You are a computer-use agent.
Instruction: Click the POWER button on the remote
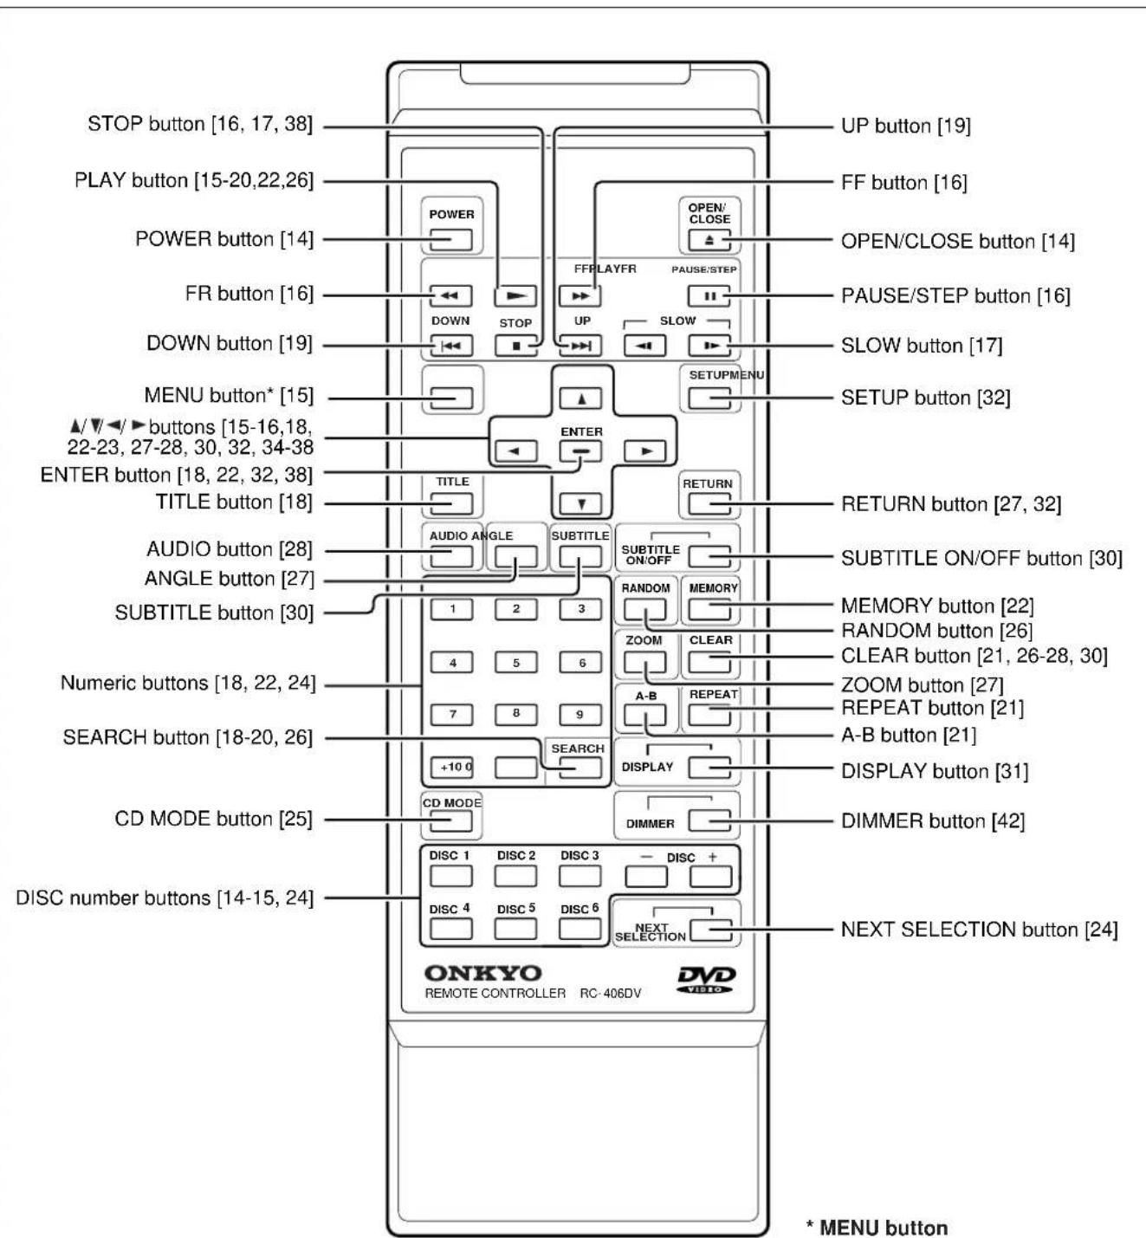(x=450, y=239)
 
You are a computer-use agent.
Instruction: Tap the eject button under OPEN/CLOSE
(x=709, y=240)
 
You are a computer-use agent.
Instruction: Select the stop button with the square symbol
(x=515, y=346)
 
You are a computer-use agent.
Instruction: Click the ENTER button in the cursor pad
(x=580, y=450)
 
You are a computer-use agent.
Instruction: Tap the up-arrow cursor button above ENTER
(x=580, y=399)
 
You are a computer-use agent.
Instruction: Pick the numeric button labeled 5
(x=515, y=662)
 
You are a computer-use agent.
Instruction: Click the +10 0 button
(x=451, y=768)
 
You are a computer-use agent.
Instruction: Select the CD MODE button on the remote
(x=450, y=821)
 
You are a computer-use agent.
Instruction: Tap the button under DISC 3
(x=579, y=876)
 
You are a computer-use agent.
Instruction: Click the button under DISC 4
(x=450, y=929)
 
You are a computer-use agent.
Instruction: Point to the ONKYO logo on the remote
(x=483, y=972)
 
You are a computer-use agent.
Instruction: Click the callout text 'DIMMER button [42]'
(x=933, y=821)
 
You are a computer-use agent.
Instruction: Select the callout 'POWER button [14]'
(x=224, y=239)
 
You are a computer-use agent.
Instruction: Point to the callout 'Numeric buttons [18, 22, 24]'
(x=188, y=684)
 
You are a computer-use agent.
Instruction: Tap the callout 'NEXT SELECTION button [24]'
(x=979, y=930)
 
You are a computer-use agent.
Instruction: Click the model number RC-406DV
(x=611, y=993)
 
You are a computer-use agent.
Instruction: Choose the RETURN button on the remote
(x=709, y=503)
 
